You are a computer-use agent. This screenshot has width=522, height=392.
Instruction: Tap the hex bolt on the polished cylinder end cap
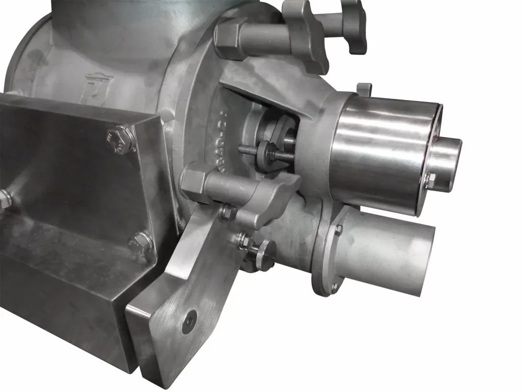pos(429,180)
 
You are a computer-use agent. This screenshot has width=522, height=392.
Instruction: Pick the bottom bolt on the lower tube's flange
pos(333,288)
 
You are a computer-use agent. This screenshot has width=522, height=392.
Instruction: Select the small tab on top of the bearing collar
pos(362,88)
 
